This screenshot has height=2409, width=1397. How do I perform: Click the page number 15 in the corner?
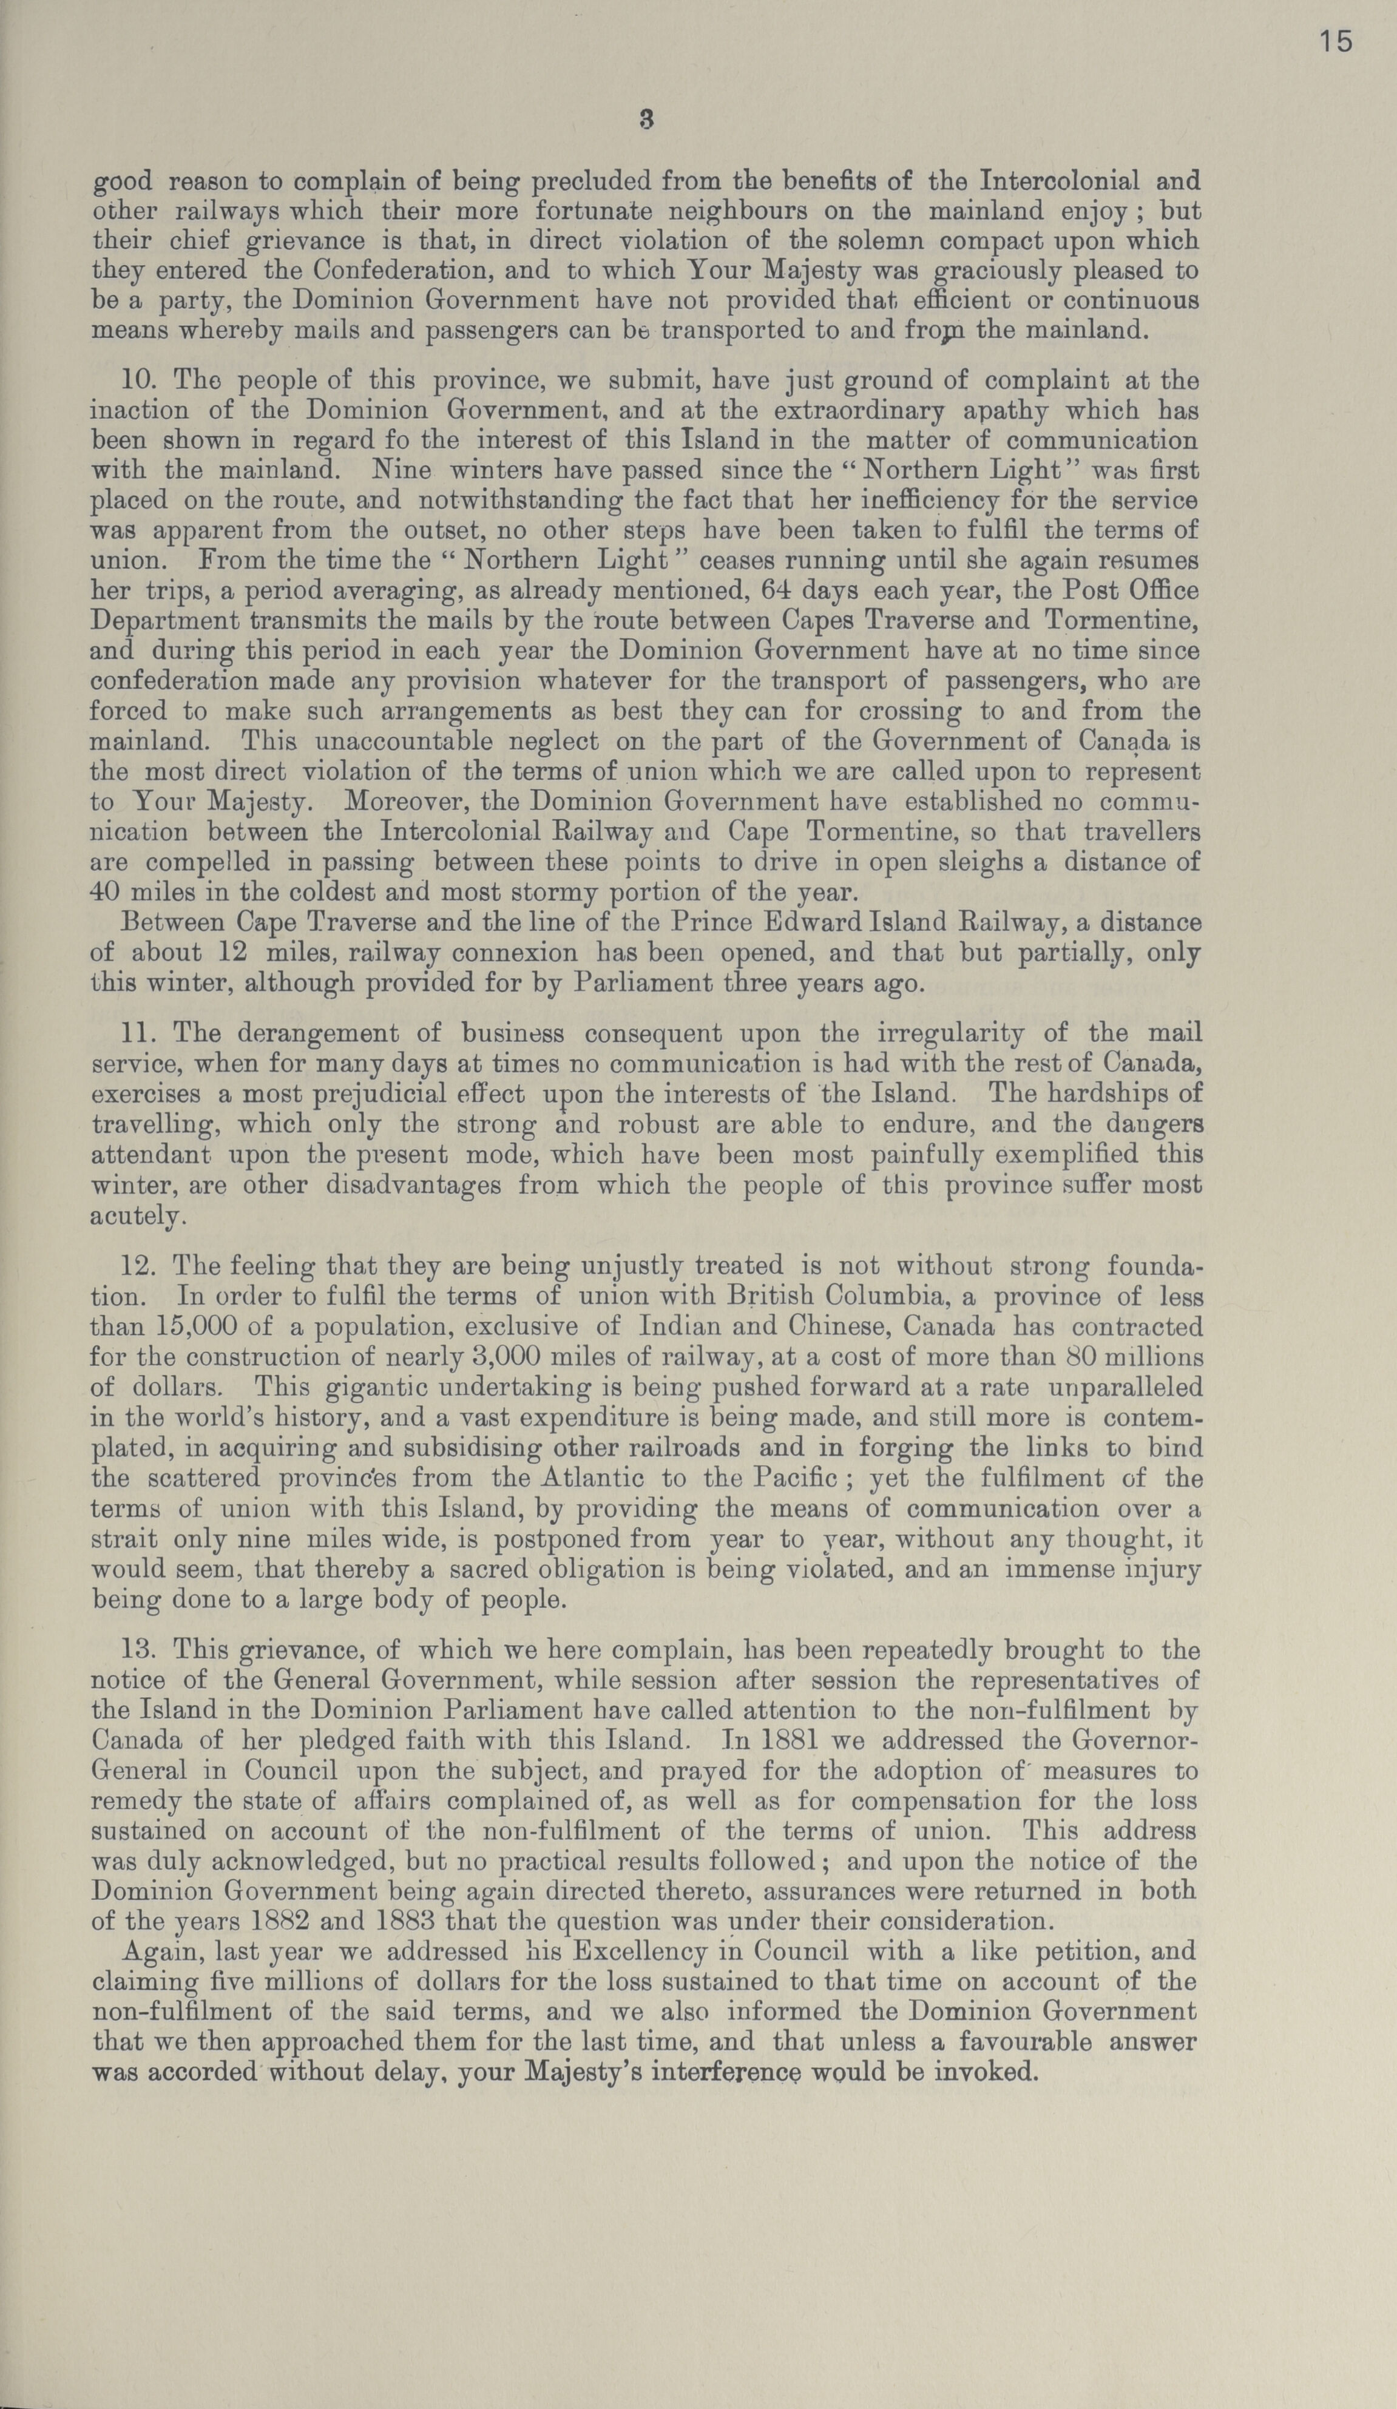[1335, 42]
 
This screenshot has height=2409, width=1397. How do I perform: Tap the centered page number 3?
[646, 121]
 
